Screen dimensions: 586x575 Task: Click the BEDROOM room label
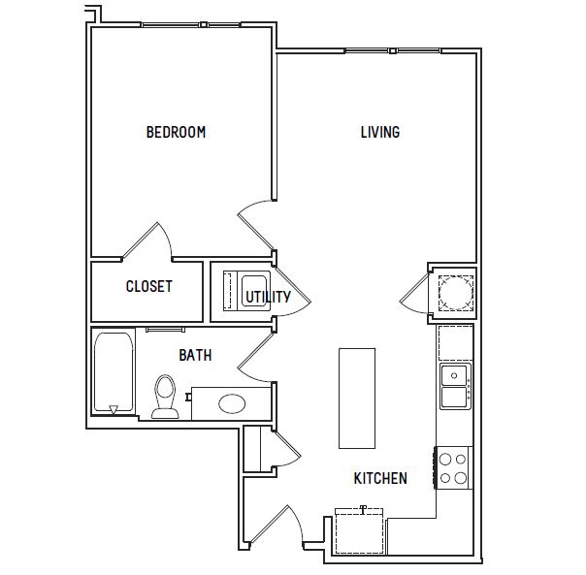click(176, 132)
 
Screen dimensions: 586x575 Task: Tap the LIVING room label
click(380, 132)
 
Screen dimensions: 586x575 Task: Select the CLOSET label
click(149, 287)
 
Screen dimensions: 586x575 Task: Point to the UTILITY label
click(268, 297)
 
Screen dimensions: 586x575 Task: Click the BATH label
click(195, 355)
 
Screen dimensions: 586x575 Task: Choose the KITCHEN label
click(380, 478)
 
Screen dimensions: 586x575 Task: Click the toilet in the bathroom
click(165, 397)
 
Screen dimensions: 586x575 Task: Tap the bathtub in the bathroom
click(114, 372)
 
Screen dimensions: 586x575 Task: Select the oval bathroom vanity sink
click(232, 404)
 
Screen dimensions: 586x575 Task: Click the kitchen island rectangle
click(357, 399)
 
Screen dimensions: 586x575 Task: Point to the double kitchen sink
click(456, 386)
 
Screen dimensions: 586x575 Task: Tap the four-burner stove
click(453, 467)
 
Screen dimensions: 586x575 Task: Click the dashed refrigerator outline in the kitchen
click(360, 530)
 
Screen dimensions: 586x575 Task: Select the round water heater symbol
click(456, 293)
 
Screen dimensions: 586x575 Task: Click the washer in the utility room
click(255, 291)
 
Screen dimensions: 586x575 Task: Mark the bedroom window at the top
click(190, 25)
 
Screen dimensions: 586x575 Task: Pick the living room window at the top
click(393, 50)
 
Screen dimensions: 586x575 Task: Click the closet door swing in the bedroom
click(147, 241)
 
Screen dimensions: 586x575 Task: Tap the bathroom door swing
click(256, 358)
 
